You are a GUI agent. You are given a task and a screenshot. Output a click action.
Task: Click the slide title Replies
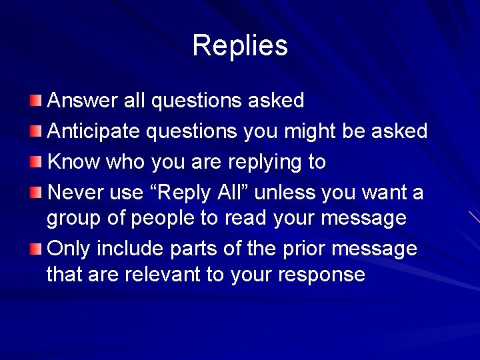pos(240,45)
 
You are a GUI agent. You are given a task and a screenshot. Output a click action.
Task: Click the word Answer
pos(84,101)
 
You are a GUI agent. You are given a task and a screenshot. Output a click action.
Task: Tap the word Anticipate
pos(94,131)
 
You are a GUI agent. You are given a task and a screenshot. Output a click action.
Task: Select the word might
pos(310,131)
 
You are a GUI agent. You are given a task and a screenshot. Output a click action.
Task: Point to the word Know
pos(72,162)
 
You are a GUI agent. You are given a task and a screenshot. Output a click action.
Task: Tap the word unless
pos(285,193)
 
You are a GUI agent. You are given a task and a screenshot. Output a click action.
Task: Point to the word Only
pos(69,249)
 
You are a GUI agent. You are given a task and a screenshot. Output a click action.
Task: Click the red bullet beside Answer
pos(36,101)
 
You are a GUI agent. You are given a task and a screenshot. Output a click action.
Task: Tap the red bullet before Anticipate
pos(36,132)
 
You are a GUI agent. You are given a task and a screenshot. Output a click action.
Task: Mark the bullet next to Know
pos(36,163)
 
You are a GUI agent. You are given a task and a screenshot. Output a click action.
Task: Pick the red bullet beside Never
pos(36,193)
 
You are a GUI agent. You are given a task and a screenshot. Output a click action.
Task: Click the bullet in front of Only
pos(36,249)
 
